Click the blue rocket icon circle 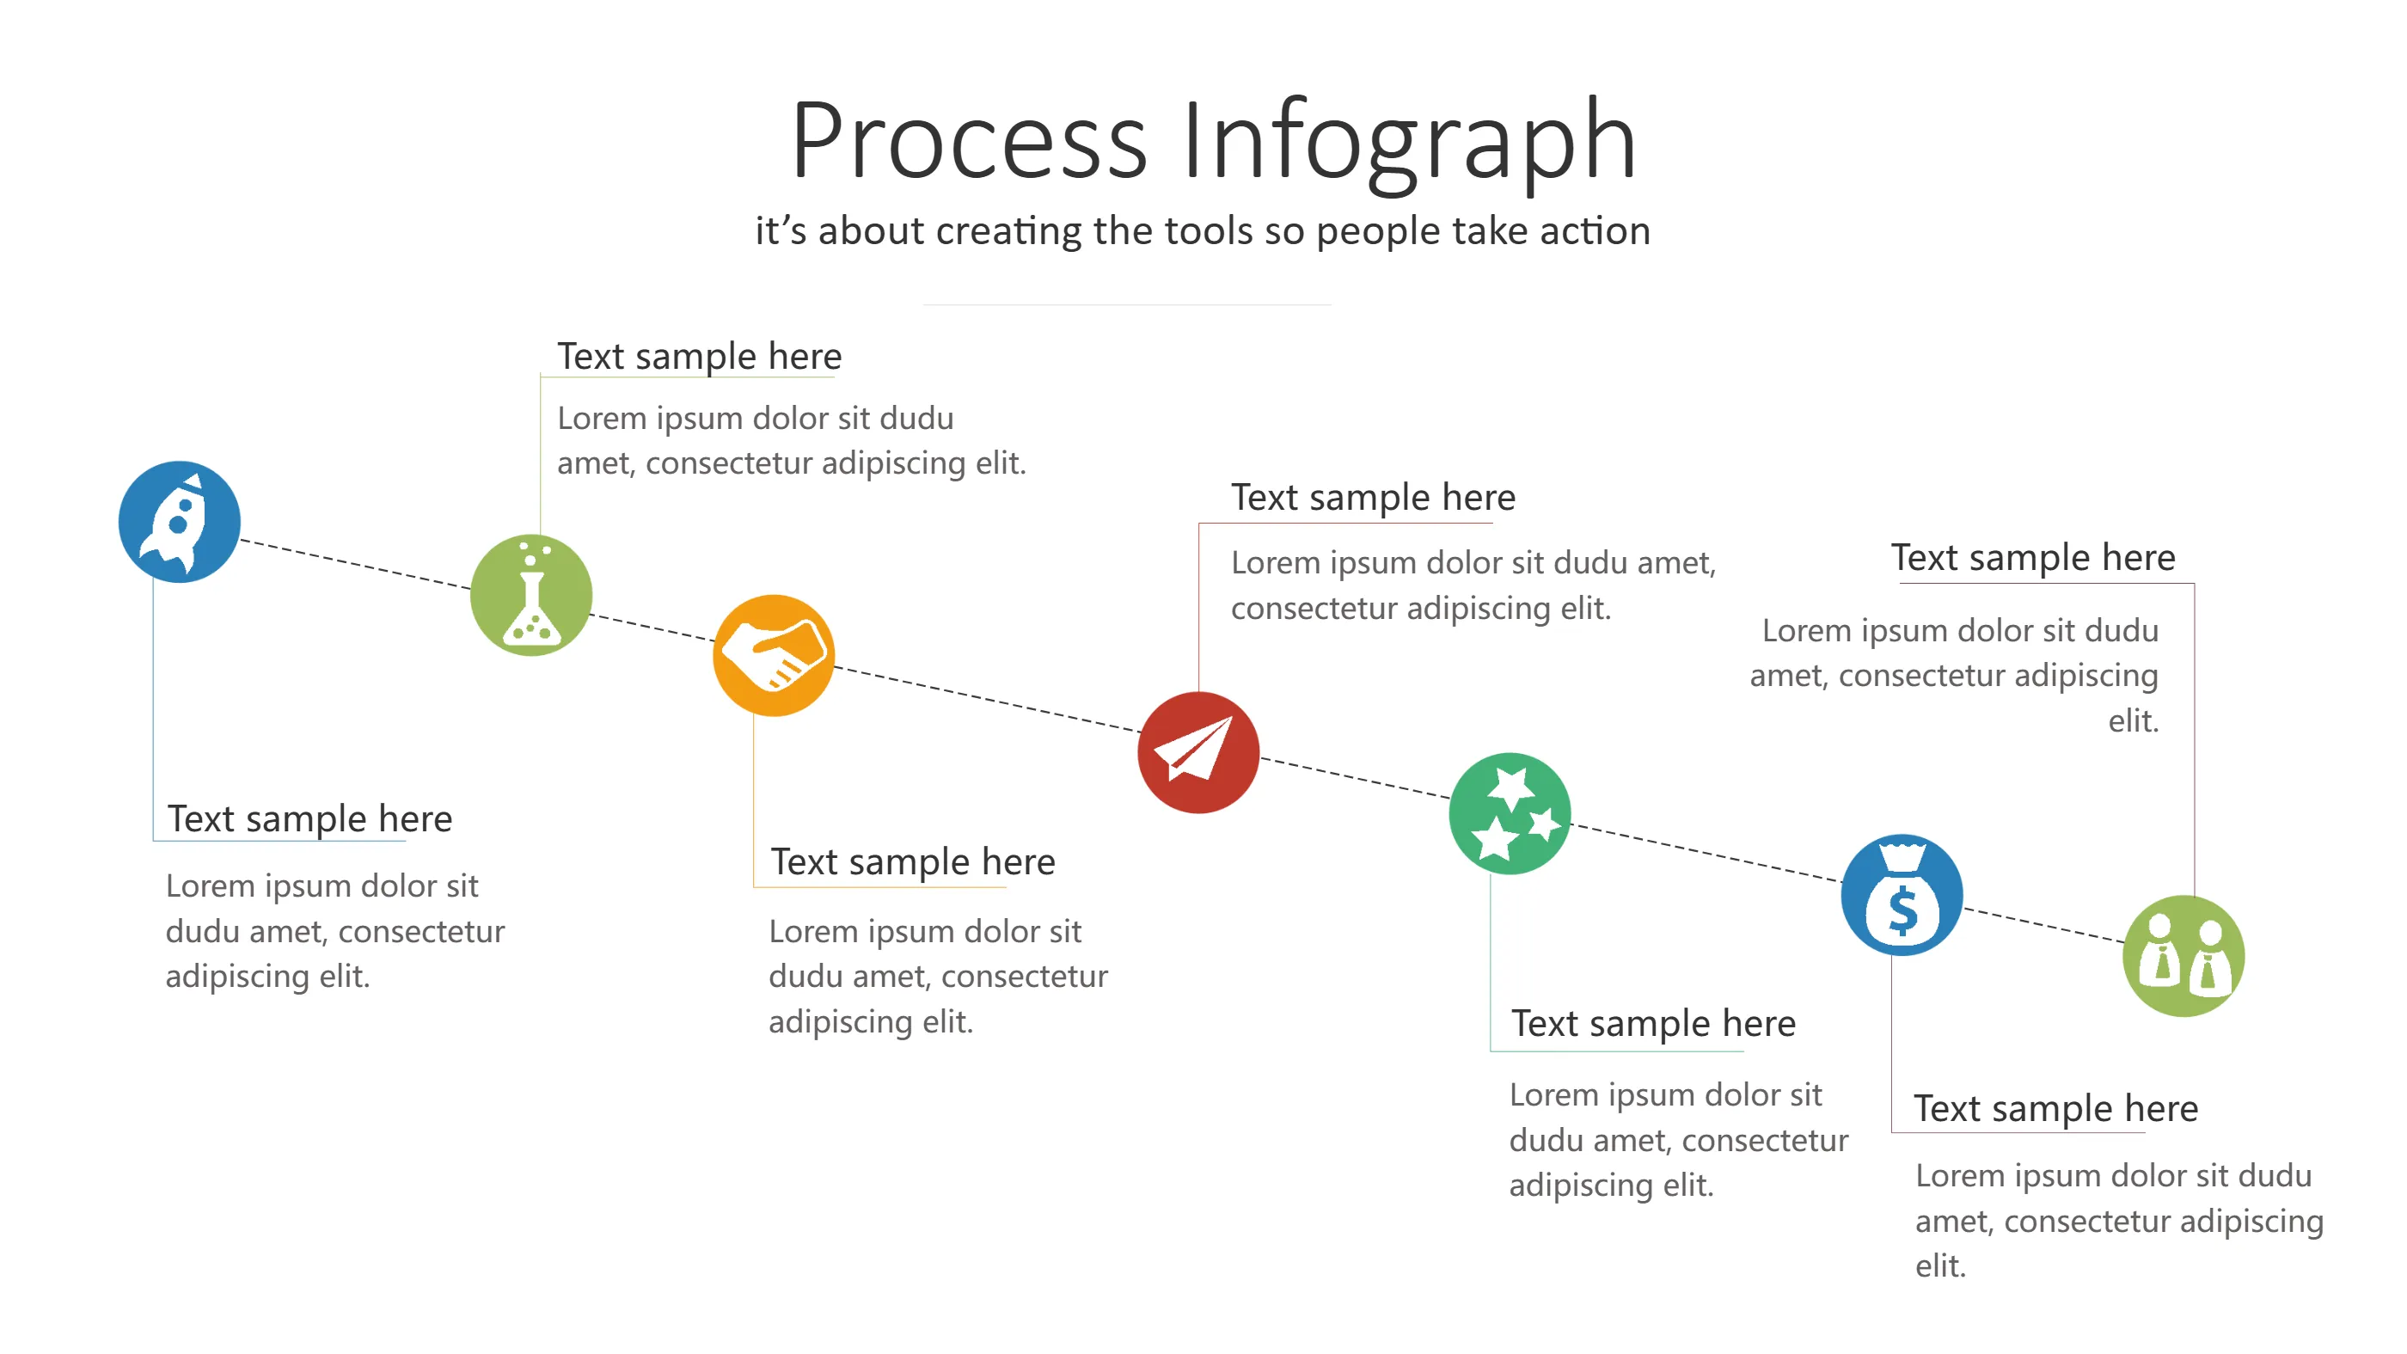coord(180,522)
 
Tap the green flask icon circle coord(530,594)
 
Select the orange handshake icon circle coord(773,655)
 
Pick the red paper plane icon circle coord(1197,752)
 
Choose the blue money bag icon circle coord(1902,894)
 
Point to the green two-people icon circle coord(2183,955)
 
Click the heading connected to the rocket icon coord(309,818)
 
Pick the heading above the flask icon coord(699,356)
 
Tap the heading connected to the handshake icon coord(912,861)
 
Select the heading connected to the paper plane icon coord(1373,497)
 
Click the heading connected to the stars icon coord(1653,1023)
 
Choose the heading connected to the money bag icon coord(2055,1108)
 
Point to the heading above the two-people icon coord(2033,557)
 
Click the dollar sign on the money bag coord(1902,911)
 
